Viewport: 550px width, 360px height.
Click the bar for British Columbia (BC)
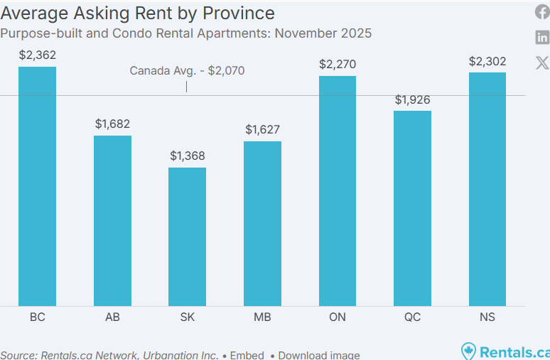(37, 186)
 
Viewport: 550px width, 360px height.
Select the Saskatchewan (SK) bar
(187, 236)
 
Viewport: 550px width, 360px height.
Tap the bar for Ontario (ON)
(338, 190)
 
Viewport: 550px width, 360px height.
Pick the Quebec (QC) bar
(412, 208)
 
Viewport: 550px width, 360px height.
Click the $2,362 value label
(37, 55)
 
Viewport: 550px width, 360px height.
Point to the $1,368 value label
(187, 156)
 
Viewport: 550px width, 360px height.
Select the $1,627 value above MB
(262, 129)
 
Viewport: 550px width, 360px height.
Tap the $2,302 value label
(487, 61)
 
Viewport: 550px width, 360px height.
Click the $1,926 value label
(412, 99)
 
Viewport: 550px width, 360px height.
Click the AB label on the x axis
(112, 317)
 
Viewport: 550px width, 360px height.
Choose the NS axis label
(487, 317)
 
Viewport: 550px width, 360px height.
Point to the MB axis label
(262, 317)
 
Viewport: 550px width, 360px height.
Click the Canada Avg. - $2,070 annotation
(187, 70)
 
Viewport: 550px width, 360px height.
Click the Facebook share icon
(542, 12)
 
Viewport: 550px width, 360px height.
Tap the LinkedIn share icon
(542, 38)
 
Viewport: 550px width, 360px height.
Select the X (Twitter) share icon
(542, 62)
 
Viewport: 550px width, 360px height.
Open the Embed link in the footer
(247, 355)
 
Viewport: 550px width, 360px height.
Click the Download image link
(318, 355)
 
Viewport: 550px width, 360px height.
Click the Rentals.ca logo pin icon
(468, 351)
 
